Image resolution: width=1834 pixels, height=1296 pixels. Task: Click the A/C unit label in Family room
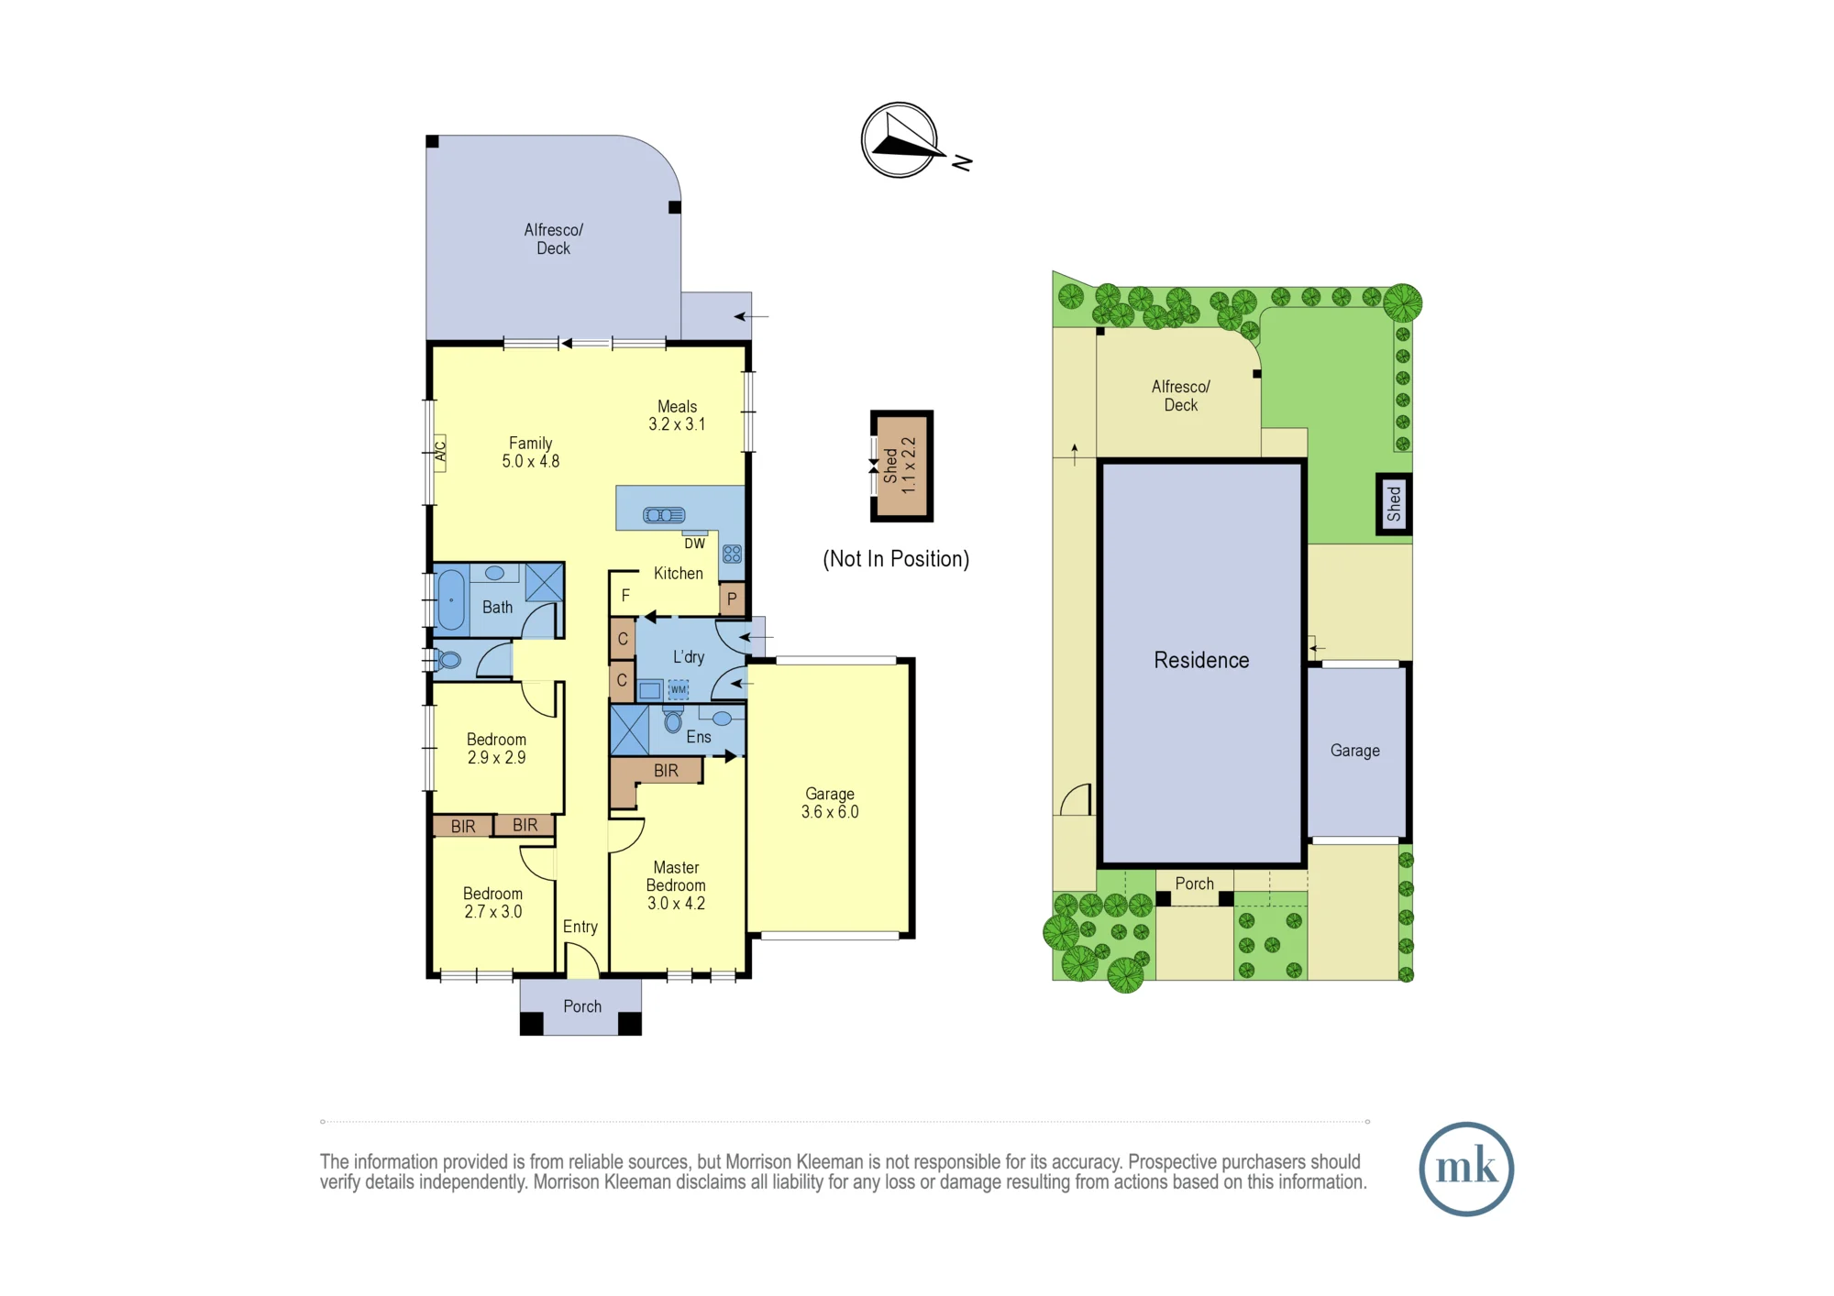pyautogui.click(x=440, y=453)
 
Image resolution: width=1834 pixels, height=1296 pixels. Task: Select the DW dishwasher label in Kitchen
pyautogui.click(x=695, y=544)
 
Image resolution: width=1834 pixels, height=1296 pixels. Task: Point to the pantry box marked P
pyautogui.click(x=732, y=599)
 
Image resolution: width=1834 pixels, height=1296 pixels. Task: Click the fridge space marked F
pyautogui.click(x=625, y=596)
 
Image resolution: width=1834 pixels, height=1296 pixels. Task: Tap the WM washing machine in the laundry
pyautogui.click(x=678, y=689)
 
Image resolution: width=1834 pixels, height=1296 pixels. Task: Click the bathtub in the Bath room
pyautogui.click(x=451, y=600)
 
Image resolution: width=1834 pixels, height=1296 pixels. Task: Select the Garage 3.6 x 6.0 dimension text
pyautogui.click(x=830, y=803)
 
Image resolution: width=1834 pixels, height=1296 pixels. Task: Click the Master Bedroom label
pyautogui.click(x=676, y=885)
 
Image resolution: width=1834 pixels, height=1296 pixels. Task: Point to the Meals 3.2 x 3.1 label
pyautogui.click(x=677, y=415)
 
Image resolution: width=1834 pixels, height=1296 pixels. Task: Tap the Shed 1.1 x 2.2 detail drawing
pyautogui.click(x=901, y=467)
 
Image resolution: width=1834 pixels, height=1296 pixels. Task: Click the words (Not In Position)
pyautogui.click(x=896, y=559)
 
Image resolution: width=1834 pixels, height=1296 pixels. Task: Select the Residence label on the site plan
pyautogui.click(x=1201, y=660)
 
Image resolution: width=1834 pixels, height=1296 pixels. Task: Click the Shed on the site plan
pyautogui.click(x=1394, y=504)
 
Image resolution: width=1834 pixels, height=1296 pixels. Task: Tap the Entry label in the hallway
pyautogui.click(x=580, y=927)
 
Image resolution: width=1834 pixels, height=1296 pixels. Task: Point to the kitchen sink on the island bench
pyautogui.click(x=664, y=515)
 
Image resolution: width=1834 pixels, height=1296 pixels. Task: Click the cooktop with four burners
pyautogui.click(x=732, y=554)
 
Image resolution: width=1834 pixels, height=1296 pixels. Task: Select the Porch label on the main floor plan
pyautogui.click(x=582, y=1006)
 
